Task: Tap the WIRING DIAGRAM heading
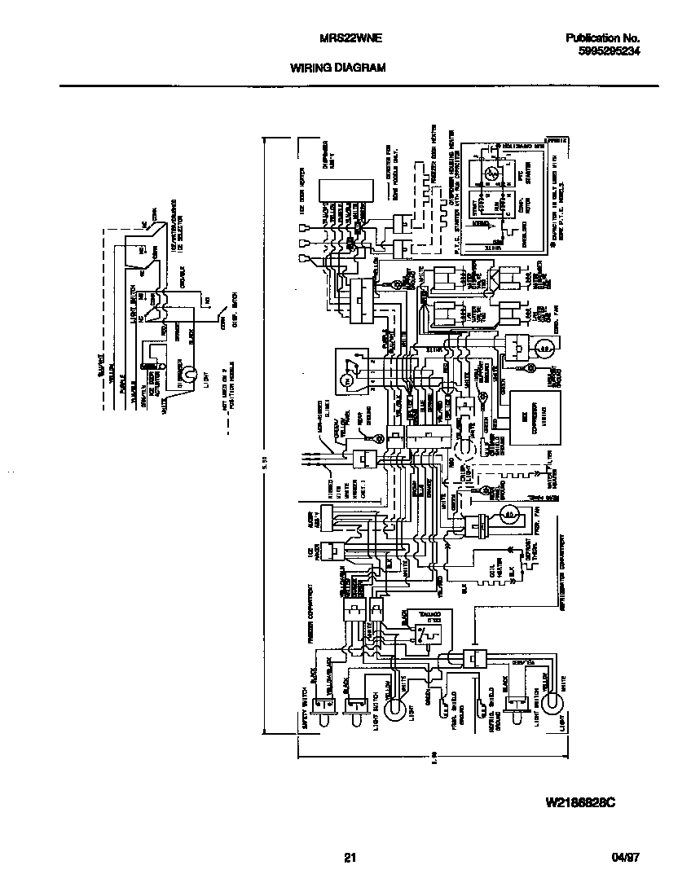tap(337, 69)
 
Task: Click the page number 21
tap(350, 857)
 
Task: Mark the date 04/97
tap(624, 857)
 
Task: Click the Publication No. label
tap(602, 37)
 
